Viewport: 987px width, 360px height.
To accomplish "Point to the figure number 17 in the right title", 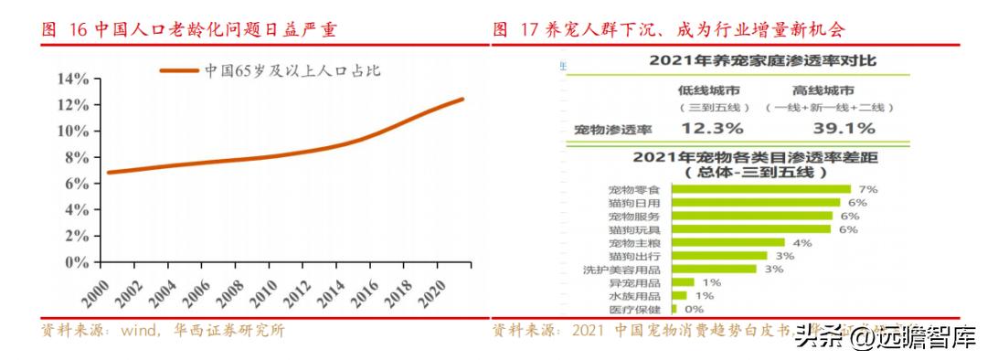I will coord(531,30).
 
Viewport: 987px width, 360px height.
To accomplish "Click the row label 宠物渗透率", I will coord(606,129).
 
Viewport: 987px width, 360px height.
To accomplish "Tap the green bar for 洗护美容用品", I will coord(713,270).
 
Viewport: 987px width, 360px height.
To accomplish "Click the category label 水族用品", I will coord(638,296).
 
